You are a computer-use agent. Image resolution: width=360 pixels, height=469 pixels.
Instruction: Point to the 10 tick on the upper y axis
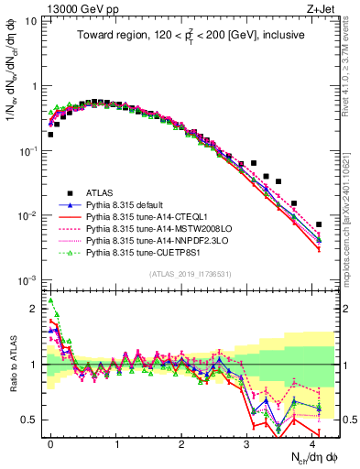click(31, 22)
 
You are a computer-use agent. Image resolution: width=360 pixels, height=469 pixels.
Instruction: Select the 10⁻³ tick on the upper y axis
click(27, 279)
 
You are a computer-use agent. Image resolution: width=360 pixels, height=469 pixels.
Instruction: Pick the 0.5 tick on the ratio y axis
click(29, 420)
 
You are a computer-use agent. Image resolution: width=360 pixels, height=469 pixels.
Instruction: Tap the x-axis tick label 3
click(247, 442)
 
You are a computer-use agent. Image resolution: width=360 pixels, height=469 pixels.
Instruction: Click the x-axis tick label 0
click(50, 442)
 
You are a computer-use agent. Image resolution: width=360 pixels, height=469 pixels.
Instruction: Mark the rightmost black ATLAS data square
click(319, 224)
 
